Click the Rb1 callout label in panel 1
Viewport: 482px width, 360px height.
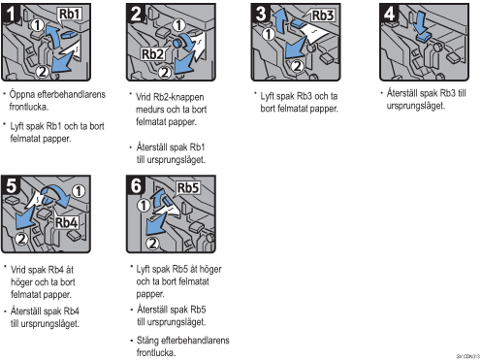[70, 14]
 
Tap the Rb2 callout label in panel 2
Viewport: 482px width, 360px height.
[152, 54]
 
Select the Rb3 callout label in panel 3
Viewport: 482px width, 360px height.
[323, 16]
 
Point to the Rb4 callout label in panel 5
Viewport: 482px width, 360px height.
[66, 222]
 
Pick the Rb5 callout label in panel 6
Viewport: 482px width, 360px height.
[188, 187]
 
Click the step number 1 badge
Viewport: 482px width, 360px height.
[10, 14]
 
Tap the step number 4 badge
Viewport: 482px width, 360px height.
[389, 14]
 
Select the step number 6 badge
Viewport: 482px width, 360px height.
[136, 185]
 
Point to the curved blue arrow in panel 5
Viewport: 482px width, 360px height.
[56, 192]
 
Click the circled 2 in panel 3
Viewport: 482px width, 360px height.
[297, 66]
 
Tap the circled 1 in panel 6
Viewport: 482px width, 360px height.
[144, 205]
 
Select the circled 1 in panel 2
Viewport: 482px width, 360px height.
[178, 25]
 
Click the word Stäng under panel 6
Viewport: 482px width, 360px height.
[147, 341]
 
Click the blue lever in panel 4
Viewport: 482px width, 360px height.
[423, 37]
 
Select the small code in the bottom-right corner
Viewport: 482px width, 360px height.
[467, 356]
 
